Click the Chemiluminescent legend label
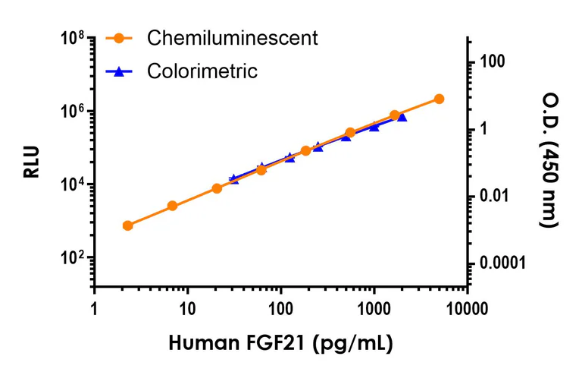pos(233,38)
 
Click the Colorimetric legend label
pos(202,71)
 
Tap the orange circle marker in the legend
pos(118,38)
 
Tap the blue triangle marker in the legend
pos(118,71)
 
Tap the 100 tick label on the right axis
pos(493,61)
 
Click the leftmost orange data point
pos(127,225)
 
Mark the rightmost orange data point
pos(440,99)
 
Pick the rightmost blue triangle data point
pos(402,116)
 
